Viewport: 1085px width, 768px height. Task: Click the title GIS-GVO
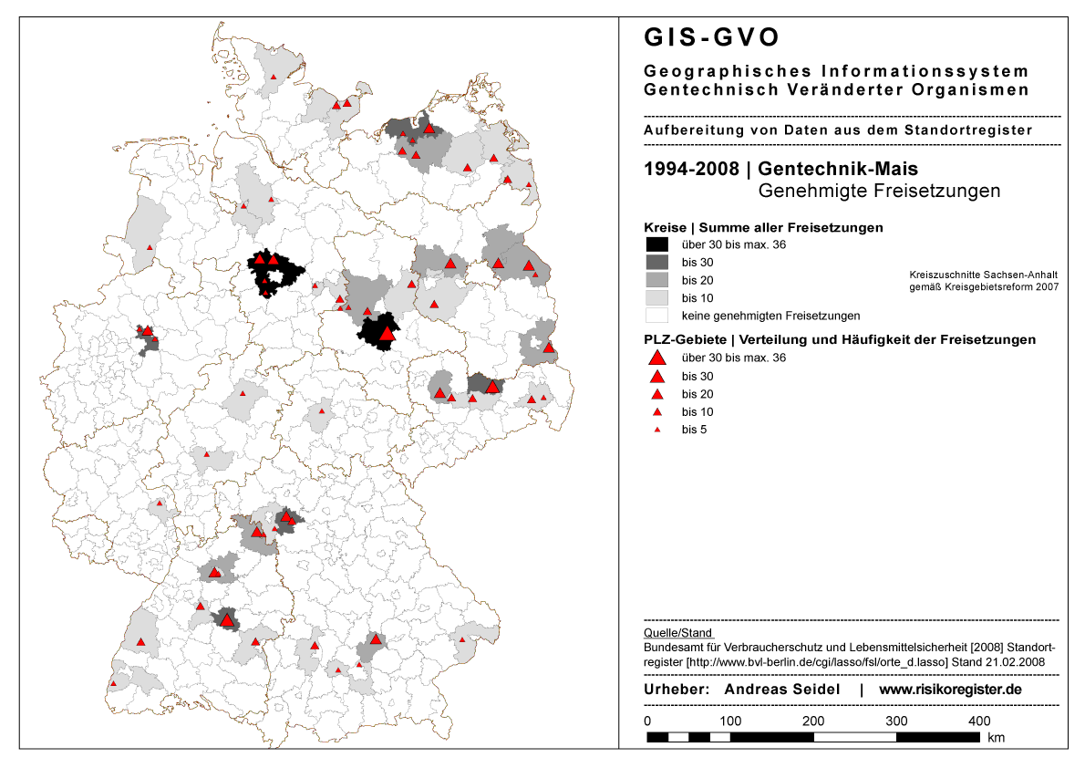tap(712, 37)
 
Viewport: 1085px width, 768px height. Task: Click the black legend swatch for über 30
tap(656, 244)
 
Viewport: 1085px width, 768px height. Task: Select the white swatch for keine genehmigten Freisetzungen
tap(656, 316)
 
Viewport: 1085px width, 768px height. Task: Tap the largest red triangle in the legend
tap(656, 358)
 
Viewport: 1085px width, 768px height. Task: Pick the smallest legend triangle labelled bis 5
tap(656, 430)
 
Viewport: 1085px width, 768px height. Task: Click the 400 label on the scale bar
tap(979, 721)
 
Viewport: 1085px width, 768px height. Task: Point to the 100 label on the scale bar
tap(729, 721)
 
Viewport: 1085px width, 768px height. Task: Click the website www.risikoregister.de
tap(950, 690)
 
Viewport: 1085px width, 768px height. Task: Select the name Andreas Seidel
tap(781, 690)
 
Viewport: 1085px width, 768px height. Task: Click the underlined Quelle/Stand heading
tap(678, 632)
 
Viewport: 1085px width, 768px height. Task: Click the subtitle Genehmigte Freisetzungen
tap(879, 192)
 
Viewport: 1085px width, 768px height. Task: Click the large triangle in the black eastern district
tap(387, 334)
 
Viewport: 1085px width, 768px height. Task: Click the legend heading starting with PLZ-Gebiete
tap(840, 339)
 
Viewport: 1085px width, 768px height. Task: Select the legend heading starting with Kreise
tap(763, 226)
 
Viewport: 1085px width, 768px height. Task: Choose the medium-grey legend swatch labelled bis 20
tap(656, 280)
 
